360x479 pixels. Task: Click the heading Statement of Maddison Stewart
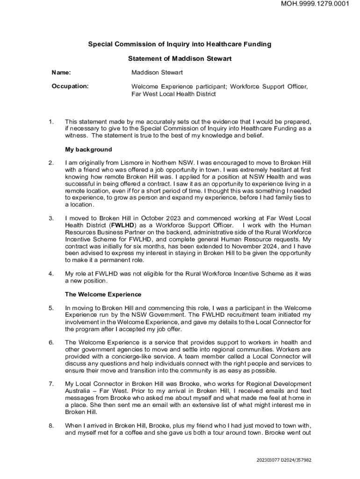180,59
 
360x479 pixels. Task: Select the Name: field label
61,73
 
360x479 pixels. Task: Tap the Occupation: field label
70,87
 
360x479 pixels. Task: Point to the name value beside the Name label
157,73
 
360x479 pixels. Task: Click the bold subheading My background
88,150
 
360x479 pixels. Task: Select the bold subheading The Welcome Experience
103,295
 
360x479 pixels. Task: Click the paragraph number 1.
50,122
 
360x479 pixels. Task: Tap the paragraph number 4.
50,273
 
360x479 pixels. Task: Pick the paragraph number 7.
50,384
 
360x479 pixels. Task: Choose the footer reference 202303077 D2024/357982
284,460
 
